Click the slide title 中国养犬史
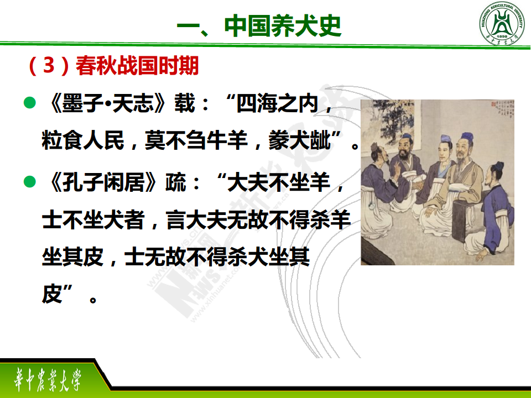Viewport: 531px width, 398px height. pyautogui.click(x=283, y=26)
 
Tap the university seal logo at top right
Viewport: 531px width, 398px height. pyautogui.click(x=502, y=23)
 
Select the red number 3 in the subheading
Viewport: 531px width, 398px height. pyautogui.click(x=49, y=65)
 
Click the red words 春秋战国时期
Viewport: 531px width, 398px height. pyautogui.click(x=137, y=65)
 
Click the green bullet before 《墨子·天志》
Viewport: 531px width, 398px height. pyautogui.click(x=30, y=103)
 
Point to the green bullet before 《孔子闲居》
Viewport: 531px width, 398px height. pyautogui.click(x=30, y=181)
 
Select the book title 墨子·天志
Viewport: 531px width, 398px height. pyautogui.click(x=108, y=103)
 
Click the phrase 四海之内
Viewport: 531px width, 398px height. pyautogui.click(x=277, y=103)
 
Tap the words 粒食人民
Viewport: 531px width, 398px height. pyautogui.click(x=83, y=140)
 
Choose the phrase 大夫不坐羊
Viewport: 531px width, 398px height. pyautogui.click(x=278, y=182)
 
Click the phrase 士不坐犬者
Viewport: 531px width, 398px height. pyautogui.click(x=93, y=219)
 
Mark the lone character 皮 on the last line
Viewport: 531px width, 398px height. pyautogui.click(x=52, y=294)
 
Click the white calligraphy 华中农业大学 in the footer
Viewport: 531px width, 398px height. pyautogui.click(x=48, y=379)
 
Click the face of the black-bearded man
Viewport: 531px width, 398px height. pyautogui.click(x=404, y=149)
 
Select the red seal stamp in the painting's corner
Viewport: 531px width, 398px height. pyautogui.click(x=494, y=104)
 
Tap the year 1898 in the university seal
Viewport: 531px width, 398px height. pyautogui.click(x=502, y=36)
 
